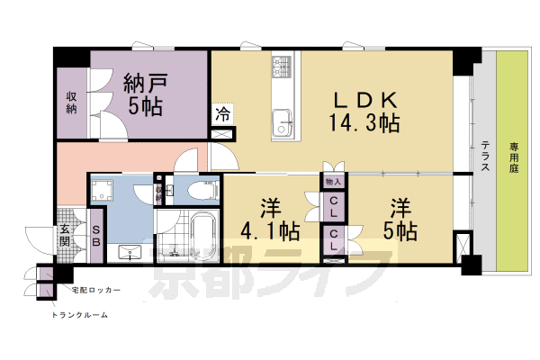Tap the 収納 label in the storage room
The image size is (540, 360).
click(x=71, y=103)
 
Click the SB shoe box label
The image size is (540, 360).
click(x=97, y=237)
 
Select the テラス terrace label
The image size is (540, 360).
click(x=483, y=157)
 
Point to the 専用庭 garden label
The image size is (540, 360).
click(x=513, y=157)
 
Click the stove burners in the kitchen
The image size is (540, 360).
click(x=283, y=67)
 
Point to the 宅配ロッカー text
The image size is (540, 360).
click(x=93, y=292)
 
